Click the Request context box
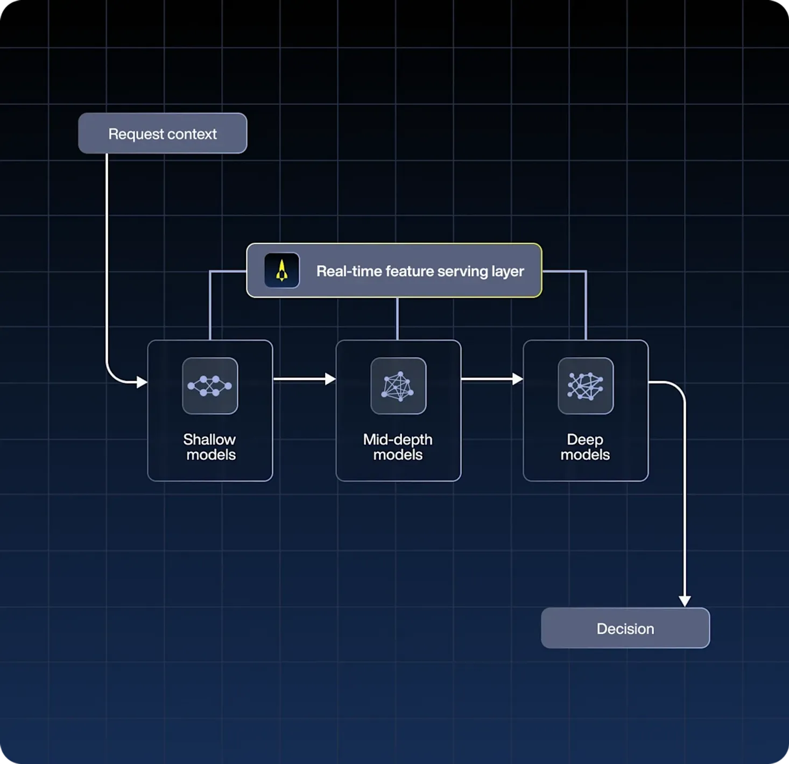tap(163, 133)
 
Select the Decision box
tap(625, 628)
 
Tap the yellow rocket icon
tap(281, 270)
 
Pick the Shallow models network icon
tap(210, 386)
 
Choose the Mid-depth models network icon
tap(398, 386)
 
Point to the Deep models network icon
tap(586, 386)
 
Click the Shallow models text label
tap(210, 447)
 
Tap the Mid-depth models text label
tap(398, 447)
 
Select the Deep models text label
tap(585, 447)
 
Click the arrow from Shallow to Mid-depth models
tap(304, 379)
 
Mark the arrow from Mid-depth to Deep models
tap(492, 379)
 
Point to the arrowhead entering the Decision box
tap(685, 600)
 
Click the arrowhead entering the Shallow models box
tap(142, 382)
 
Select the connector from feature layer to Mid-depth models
tap(397, 319)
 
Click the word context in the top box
tap(192, 134)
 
